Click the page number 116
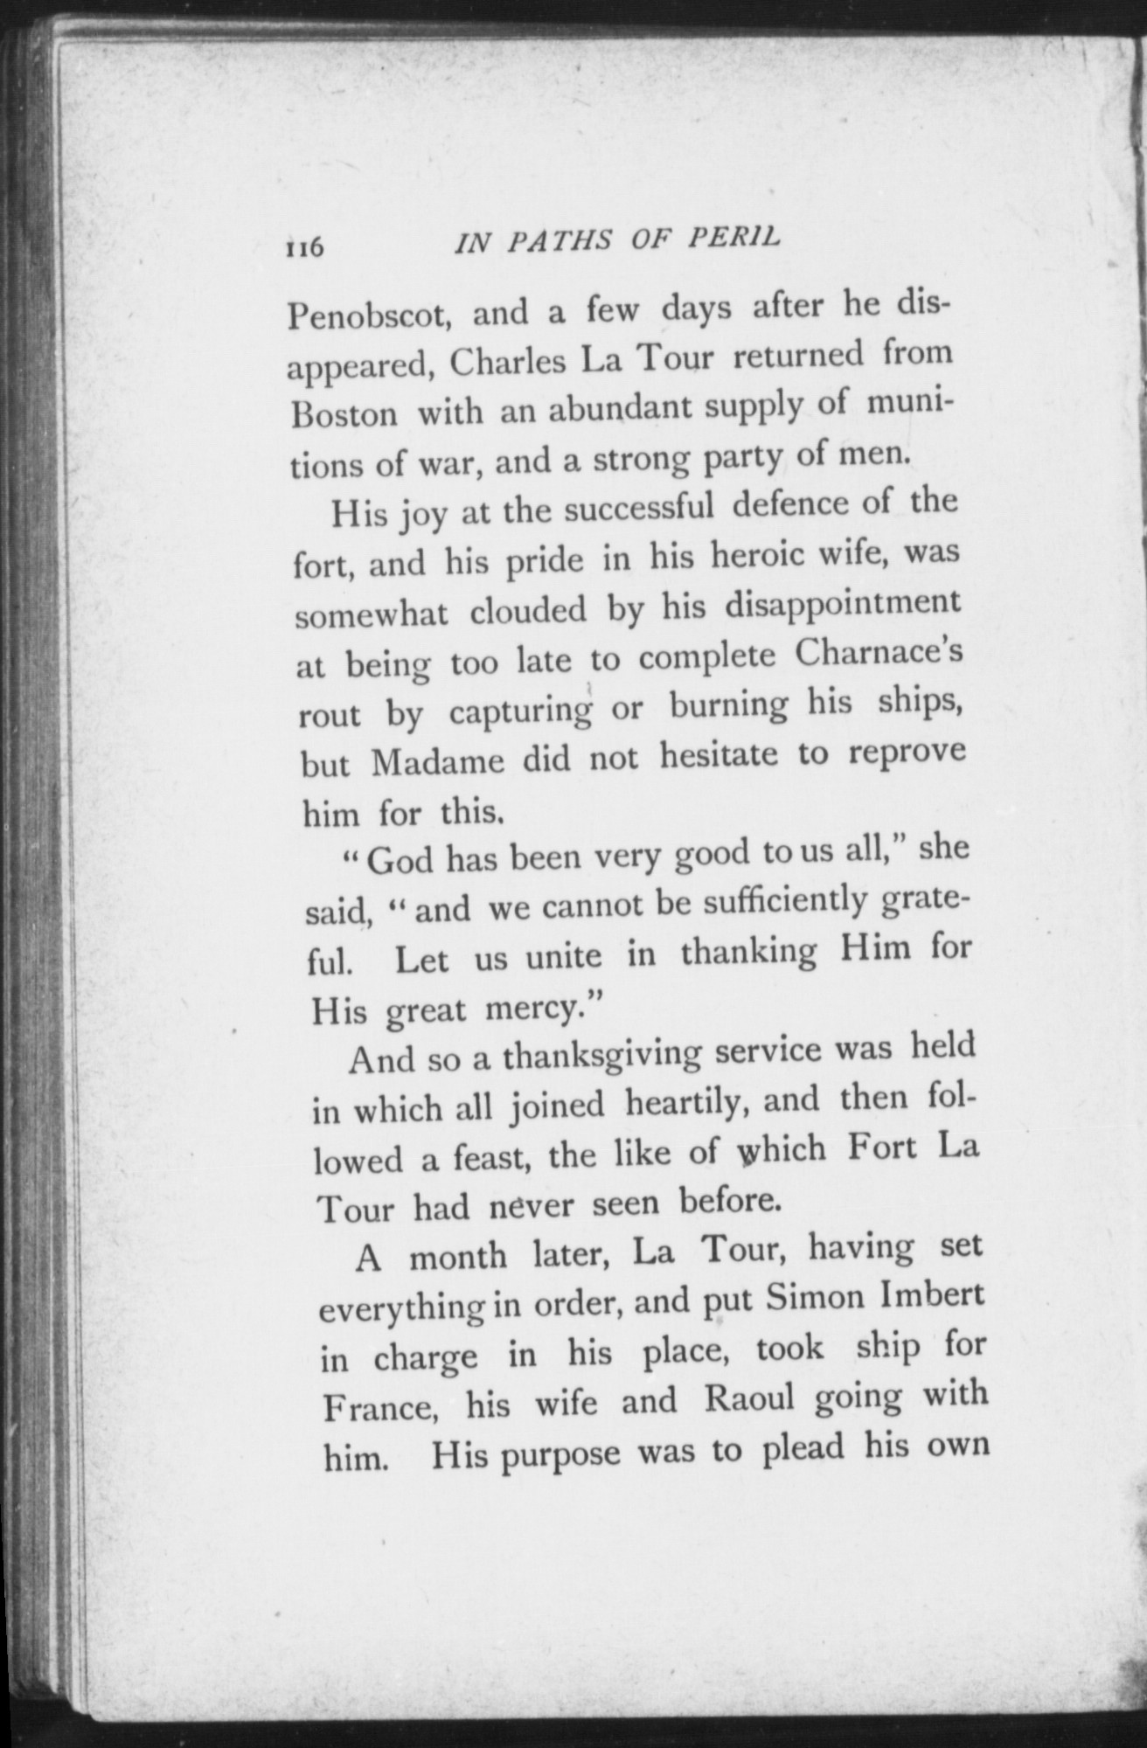[304, 248]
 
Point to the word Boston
[344, 413]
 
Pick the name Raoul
[749, 1399]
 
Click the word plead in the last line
[803, 1448]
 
